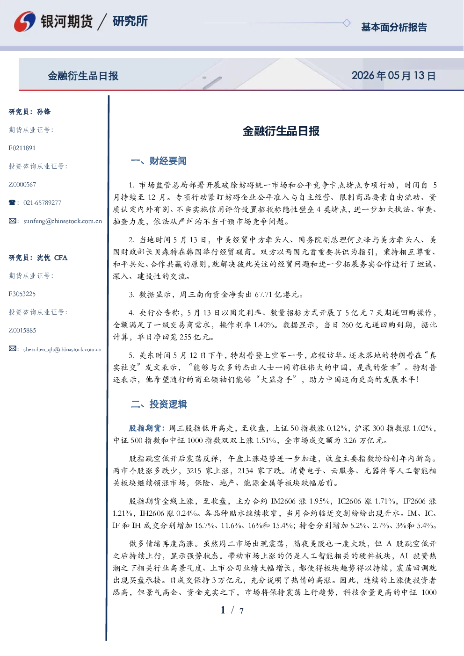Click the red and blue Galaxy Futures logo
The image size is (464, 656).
25,22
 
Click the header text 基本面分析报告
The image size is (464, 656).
394,27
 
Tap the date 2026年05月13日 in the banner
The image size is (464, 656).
394,76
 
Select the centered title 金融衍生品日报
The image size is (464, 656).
281,131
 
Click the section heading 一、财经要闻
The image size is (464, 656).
159,161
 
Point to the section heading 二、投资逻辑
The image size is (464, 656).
159,404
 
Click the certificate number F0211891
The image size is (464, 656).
22,148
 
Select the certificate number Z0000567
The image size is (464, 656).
22,185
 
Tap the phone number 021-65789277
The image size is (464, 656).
42,202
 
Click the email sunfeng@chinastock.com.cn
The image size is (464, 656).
63,221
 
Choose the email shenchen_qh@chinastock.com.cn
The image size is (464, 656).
62,349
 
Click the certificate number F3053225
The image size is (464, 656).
22,294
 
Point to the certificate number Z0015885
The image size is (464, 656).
22,331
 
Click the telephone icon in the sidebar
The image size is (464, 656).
12,202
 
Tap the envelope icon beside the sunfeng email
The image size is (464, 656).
12,221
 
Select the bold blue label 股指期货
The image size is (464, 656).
145,428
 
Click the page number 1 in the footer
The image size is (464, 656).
223,610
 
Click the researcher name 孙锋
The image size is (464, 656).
43,112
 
